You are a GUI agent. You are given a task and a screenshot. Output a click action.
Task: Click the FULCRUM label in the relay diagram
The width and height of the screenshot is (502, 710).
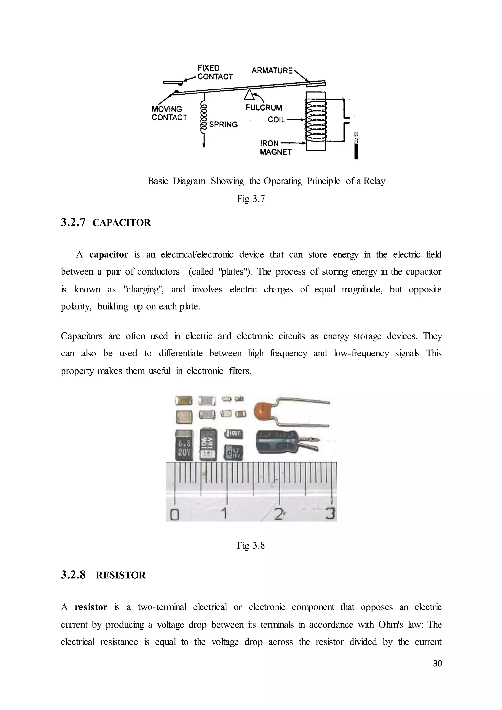(x=264, y=108)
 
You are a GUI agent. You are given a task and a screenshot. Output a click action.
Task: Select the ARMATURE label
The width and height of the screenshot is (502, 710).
(x=272, y=71)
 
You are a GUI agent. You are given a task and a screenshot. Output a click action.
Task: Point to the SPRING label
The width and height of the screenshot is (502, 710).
(x=223, y=124)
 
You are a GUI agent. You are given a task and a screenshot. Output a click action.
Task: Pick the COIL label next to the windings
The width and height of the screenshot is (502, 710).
(x=276, y=120)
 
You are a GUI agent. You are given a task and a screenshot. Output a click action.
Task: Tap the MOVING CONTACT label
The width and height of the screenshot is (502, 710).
(x=169, y=113)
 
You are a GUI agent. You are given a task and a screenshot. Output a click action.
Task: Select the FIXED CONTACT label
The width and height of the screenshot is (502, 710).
(x=215, y=72)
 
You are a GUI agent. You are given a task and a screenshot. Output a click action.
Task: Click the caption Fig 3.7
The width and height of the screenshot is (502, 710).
(x=251, y=199)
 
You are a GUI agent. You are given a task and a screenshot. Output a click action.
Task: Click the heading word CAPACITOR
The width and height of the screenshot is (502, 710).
(x=122, y=223)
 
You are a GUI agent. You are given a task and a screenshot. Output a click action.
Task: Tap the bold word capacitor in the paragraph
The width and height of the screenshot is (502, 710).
(x=109, y=254)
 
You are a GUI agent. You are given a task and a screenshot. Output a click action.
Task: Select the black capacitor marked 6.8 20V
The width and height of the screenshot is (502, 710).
(x=184, y=445)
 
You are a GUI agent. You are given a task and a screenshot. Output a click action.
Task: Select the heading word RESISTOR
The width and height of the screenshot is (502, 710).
(x=121, y=575)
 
